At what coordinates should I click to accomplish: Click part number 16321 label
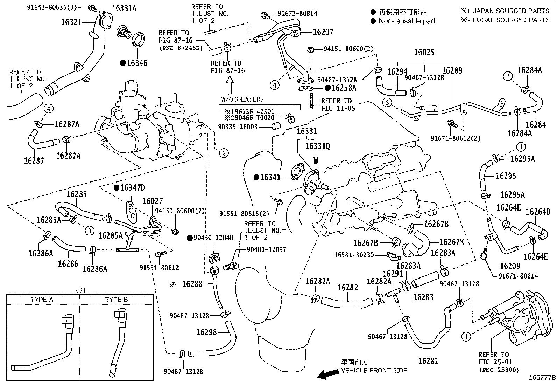point(71,22)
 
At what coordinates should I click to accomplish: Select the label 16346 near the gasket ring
point(137,63)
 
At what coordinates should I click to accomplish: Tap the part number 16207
point(323,32)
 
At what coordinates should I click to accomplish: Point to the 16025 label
point(424,53)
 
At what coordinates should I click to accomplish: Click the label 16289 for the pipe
point(452,71)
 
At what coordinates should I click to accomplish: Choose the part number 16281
point(428,361)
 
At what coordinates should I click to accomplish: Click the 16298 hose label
point(206,332)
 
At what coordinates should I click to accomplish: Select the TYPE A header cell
point(42,300)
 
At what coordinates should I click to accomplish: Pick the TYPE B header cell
point(117,300)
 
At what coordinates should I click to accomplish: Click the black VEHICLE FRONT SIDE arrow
point(327,375)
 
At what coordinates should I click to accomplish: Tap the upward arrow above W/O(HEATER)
point(229,85)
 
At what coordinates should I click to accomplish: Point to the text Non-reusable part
point(407,21)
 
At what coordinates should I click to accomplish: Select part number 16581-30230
point(354,255)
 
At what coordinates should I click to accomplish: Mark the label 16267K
point(451,242)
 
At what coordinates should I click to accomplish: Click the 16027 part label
point(153,201)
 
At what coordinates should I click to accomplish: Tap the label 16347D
point(132,188)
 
